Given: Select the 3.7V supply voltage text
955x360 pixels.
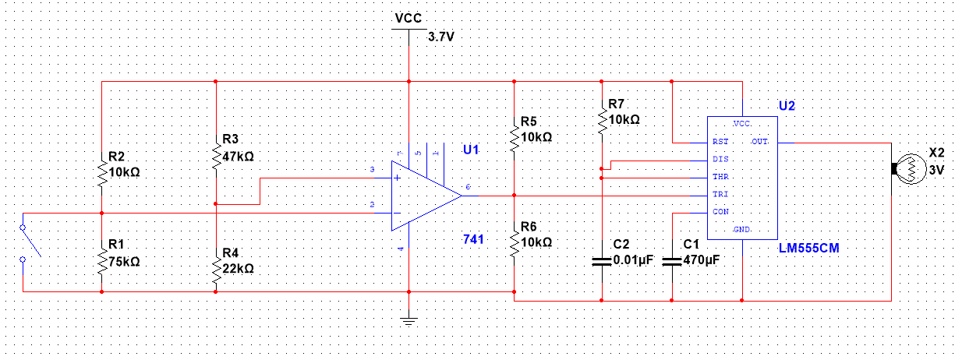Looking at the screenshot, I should pos(441,36).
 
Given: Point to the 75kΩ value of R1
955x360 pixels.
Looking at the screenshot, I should pos(124,263).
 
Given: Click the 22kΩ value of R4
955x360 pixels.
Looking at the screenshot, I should pos(238,268).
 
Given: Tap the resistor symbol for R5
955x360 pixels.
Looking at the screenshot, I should pos(514,138).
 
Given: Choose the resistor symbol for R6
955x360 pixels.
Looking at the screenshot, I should pos(514,243).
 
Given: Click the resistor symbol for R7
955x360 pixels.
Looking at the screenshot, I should pos(601,121).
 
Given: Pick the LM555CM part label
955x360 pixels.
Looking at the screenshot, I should pos(813,249).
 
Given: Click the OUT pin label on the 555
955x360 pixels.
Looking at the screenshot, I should pos(759,142).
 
